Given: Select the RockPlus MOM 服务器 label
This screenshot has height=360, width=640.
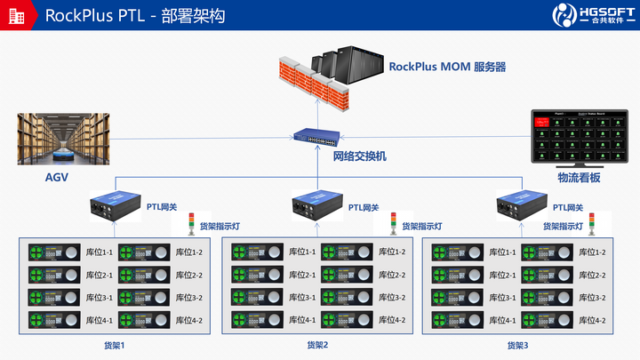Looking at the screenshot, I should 447,67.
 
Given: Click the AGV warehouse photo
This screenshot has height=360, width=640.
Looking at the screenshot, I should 64,139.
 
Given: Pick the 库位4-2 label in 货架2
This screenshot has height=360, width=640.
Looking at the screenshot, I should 391,320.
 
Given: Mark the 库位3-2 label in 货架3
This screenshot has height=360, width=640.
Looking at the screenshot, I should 592,298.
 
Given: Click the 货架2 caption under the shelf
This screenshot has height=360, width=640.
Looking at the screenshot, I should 317,345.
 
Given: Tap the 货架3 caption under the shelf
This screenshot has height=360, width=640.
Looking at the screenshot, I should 518,345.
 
